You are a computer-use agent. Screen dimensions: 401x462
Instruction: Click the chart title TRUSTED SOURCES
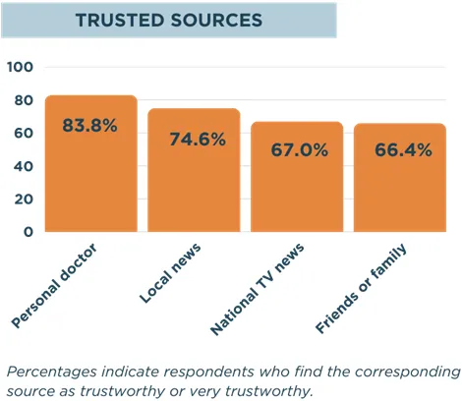(x=168, y=20)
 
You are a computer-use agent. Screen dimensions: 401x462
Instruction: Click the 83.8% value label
(x=90, y=126)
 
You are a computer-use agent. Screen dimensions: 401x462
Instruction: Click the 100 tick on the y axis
(x=21, y=67)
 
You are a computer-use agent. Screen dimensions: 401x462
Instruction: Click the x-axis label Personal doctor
(x=59, y=285)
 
